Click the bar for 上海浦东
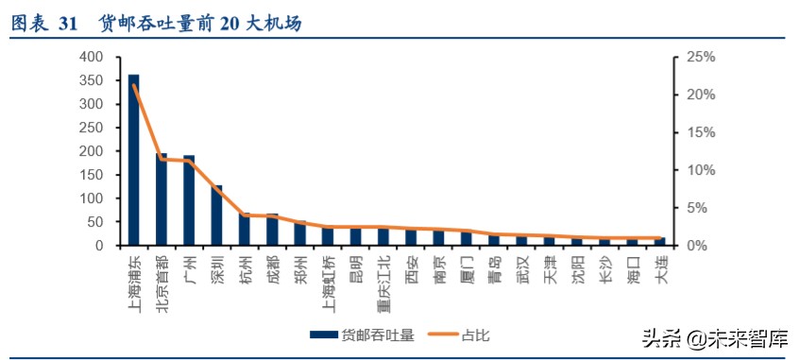(134, 161)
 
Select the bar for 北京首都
(161, 199)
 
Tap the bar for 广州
(189, 200)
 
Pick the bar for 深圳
(216, 215)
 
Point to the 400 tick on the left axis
(93, 57)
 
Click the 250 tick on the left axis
(93, 128)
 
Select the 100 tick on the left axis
(93, 198)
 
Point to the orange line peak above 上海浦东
(134, 85)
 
